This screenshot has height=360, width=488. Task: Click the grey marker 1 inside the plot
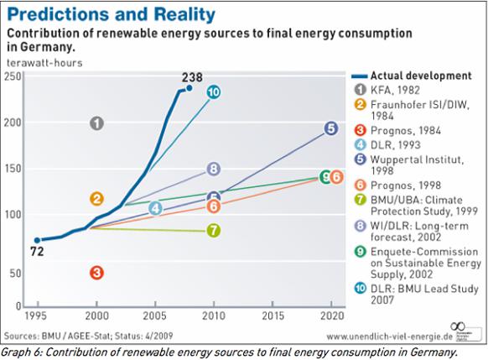tap(96, 123)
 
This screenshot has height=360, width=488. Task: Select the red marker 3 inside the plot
tap(96, 272)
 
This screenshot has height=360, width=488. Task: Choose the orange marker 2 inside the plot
tap(96, 199)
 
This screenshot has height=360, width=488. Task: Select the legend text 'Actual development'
tap(420, 76)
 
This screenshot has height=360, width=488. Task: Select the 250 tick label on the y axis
tap(12, 76)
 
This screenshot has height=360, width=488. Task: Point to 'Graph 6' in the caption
tap(21, 352)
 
